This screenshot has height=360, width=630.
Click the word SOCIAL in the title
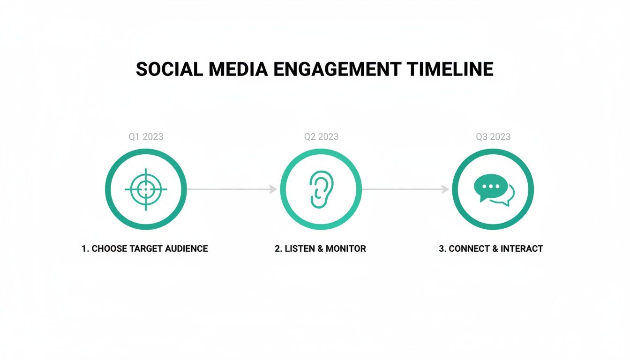(169, 69)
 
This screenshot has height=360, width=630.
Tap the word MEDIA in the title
(238, 69)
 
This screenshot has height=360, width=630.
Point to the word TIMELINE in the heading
(450, 69)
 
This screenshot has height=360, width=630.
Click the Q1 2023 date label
(146, 137)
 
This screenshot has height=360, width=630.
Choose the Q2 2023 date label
(321, 137)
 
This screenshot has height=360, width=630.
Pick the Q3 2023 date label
(493, 137)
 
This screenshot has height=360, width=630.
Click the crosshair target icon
(146, 189)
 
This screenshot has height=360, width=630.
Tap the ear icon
(321, 189)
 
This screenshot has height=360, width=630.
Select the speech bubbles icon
(493, 190)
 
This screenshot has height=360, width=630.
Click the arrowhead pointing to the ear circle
(273, 189)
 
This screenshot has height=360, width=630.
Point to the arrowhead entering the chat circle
(445, 189)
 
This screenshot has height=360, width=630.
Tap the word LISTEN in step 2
(299, 249)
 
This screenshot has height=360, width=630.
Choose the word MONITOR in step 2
(346, 249)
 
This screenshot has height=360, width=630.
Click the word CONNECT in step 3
(468, 249)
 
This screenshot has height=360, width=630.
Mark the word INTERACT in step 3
(522, 249)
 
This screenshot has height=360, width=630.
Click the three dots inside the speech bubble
(491, 186)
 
